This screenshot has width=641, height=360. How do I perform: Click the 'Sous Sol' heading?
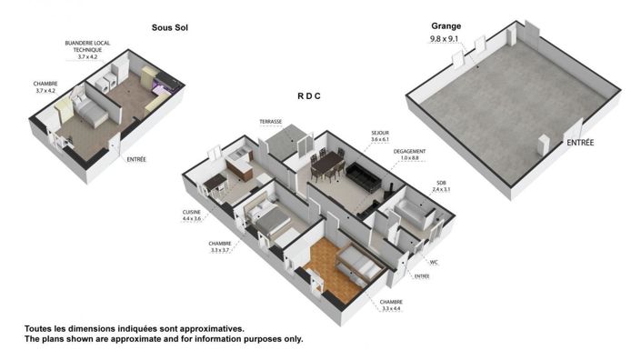169,28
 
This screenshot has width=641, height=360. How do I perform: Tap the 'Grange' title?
446,26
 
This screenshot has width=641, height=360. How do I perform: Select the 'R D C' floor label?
312,95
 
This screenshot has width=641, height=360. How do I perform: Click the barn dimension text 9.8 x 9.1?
446,40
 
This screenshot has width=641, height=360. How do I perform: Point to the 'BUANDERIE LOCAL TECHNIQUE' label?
89,49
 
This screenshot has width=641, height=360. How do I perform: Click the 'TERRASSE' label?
271,121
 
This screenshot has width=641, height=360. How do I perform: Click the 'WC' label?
435,263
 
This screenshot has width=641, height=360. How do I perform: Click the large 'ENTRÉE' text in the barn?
581,142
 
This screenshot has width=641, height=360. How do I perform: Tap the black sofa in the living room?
363,176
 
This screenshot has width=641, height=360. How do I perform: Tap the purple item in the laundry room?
165,88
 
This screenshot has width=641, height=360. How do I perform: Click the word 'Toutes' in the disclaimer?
41,329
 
